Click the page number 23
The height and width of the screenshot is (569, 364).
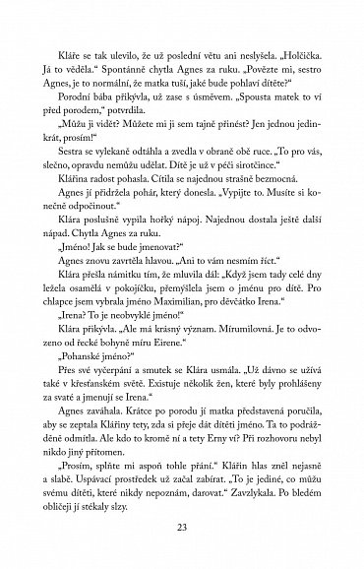pyautogui.click(x=182, y=527)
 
